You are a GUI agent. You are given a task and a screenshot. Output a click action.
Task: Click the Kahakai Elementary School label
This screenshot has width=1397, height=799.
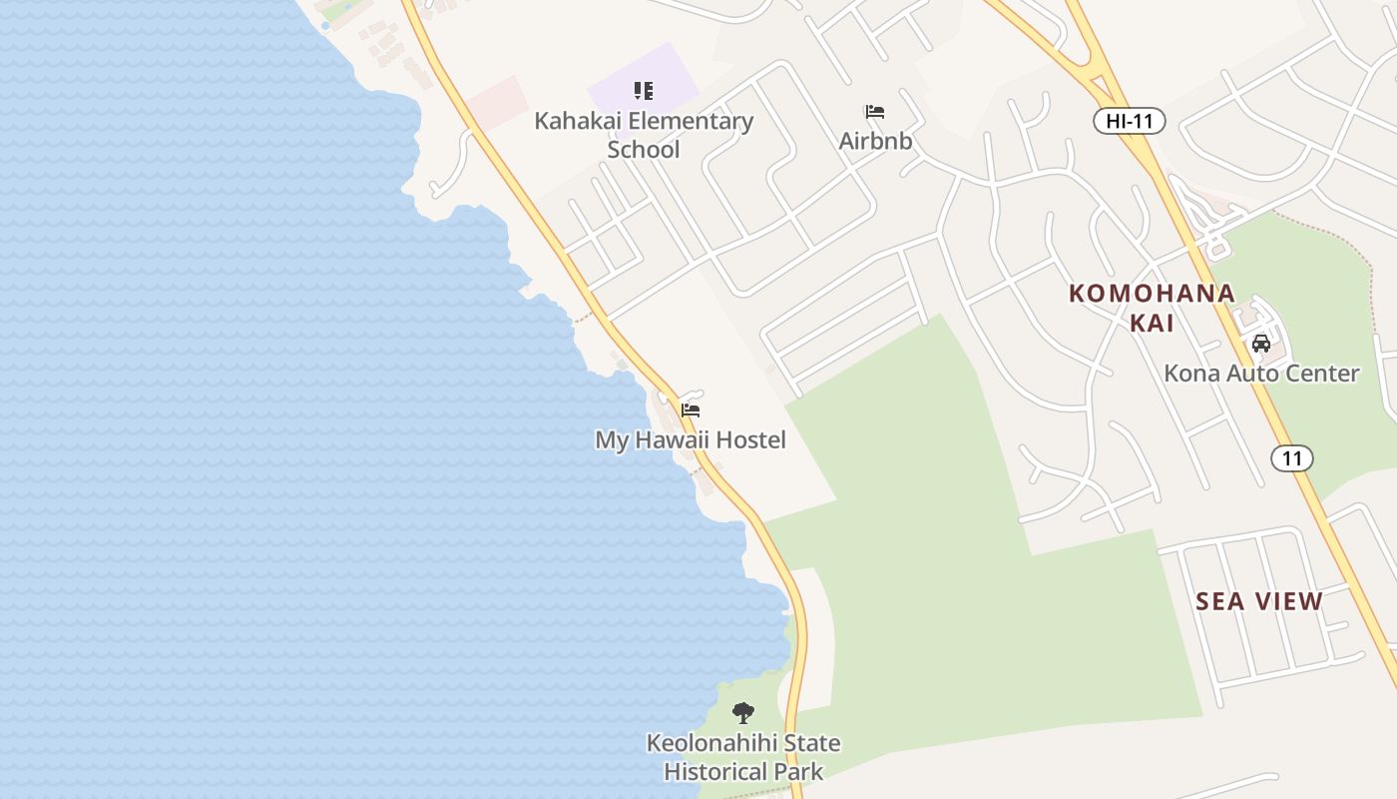644,135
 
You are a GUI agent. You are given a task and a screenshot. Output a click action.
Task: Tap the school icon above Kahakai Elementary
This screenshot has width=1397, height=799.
644,92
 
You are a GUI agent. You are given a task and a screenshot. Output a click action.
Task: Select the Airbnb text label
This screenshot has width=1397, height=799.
875,141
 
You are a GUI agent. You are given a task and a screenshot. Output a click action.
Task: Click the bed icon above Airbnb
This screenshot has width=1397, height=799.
875,112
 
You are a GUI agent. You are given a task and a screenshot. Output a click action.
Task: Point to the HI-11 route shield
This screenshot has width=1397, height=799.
1130,122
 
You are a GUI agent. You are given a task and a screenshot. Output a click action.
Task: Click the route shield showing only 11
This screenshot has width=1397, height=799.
1292,458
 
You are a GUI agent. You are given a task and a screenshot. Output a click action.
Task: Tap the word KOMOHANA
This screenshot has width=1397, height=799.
1152,294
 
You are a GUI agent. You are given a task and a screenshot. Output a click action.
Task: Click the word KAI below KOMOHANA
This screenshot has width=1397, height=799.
1152,323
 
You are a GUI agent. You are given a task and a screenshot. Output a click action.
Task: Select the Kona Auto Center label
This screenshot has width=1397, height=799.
1261,374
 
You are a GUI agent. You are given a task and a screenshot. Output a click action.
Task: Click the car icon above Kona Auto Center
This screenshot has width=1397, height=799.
1261,344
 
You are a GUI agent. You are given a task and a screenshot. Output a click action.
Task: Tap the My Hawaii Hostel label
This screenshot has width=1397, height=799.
691,439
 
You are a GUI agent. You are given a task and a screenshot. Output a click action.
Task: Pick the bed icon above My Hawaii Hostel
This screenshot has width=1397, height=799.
691,410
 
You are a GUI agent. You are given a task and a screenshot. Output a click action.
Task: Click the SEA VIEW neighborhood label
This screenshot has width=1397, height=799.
1259,601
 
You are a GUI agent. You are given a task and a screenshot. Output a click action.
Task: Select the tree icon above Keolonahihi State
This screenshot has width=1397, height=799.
742,713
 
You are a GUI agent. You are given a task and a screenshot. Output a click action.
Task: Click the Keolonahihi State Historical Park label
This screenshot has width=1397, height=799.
743,757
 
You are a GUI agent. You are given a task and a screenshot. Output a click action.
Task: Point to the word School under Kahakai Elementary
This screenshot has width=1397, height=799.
644,150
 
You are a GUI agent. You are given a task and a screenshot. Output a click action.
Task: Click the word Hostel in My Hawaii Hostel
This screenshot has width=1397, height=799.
751,439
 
